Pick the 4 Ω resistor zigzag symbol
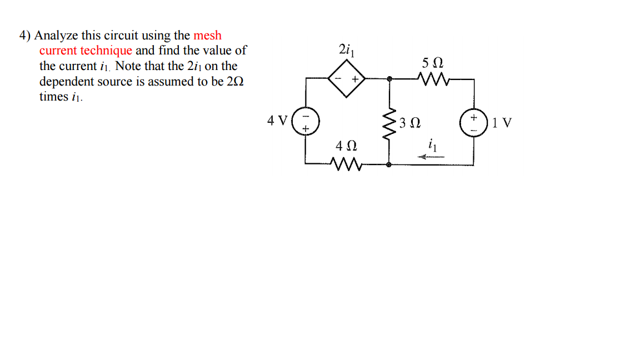point(345,164)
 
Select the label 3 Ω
point(409,123)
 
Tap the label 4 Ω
point(346,147)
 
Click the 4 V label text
point(277,121)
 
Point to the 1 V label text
point(502,123)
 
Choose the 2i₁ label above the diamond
point(346,49)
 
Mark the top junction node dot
point(389,79)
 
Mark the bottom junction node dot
point(388,164)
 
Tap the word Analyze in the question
point(56,36)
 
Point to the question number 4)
point(25,36)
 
